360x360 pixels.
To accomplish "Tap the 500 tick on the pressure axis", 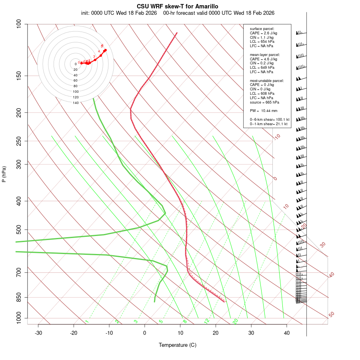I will (x=19, y=230).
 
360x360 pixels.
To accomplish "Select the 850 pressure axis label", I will (x=19, y=297).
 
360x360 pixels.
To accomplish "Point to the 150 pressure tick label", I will (x=19, y=76).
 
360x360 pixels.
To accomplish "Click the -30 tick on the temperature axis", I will (x=38, y=333).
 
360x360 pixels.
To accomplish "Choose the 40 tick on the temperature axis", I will (x=286, y=333).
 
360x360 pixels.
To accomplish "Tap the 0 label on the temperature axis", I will (x=145, y=333).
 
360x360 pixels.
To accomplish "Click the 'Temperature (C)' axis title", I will (x=178, y=345).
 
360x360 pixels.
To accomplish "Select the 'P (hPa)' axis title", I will (x=4, y=174).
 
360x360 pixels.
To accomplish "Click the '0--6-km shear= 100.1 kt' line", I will (x=270, y=120).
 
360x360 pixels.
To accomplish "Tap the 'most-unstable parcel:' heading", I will (x=267, y=80).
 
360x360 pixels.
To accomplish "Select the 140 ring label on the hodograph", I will (x=76, y=103).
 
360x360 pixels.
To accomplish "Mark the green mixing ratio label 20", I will (x=236, y=321).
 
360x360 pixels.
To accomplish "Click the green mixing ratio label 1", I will (x=87, y=321).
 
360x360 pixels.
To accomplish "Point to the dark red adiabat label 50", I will (x=331, y=315).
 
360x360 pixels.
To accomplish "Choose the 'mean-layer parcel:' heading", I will (x=265, y=54).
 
